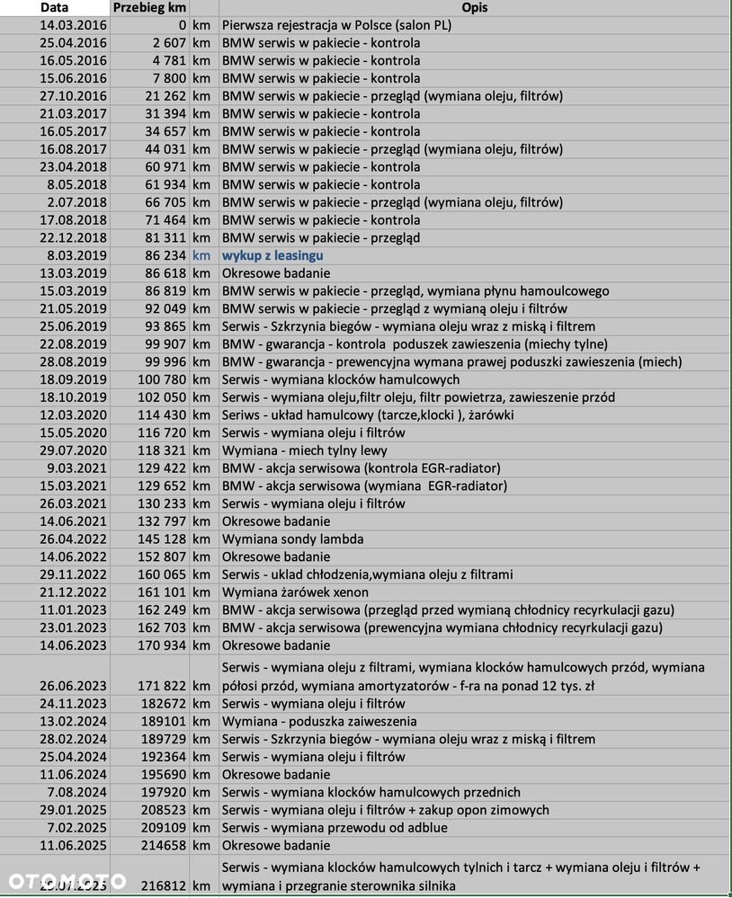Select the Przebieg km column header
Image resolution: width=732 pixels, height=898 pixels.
pos(149,7)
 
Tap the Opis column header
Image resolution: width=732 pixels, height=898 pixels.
pos(473,7)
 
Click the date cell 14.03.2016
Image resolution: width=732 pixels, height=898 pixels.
pos(73,25)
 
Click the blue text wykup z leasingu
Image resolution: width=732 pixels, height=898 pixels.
pos(272,255)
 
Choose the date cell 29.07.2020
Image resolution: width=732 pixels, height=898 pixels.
pos(73,450)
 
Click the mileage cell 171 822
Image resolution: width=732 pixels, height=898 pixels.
pos(162,686)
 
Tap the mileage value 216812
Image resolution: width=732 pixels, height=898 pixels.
pos(165,885)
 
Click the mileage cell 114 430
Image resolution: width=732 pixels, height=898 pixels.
pos(162,414)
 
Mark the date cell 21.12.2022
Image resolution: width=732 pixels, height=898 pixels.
pos(73,592)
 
